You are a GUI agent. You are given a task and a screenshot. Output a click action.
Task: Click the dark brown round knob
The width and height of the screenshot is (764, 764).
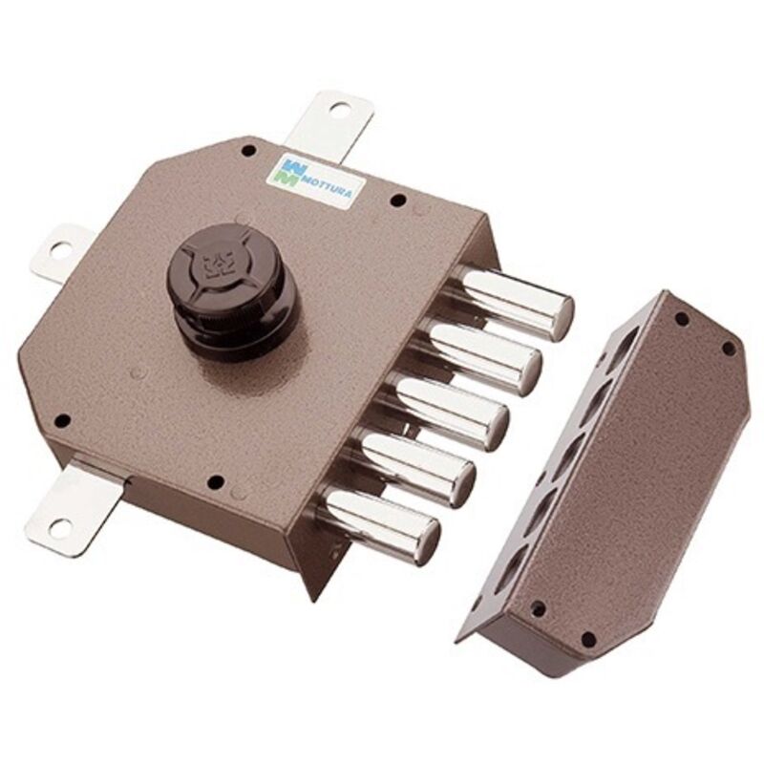click(x=232, y=289)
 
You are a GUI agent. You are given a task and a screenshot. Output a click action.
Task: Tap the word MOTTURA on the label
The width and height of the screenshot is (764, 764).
click(x=327, y=187)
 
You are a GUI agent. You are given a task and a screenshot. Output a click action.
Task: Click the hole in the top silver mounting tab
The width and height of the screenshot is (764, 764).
click(x=337, y=107)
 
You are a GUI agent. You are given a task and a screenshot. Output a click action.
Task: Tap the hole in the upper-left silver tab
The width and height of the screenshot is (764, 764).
click(x=58, y=251)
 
